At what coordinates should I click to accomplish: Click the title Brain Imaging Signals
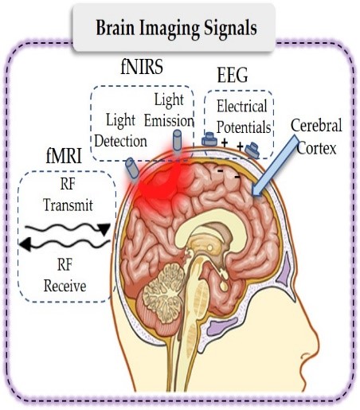[x=176, y=28]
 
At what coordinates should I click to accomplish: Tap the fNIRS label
[x=142, y=67]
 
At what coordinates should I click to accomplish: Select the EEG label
[x=233, y=76]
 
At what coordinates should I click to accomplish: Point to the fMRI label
[x=64, y=156]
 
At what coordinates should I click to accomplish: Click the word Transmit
[x=68, y=205]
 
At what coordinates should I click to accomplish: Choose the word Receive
[x=65, y=286]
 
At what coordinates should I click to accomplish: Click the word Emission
[x=169, y=121]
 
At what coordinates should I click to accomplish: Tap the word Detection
[x=121, y=141]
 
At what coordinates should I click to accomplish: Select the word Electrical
[x=242, y=106]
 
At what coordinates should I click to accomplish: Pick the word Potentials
[x=244, y=127]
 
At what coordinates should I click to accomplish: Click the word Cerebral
[x=316, y=125]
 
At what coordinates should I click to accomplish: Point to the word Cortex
[x=316, y=148]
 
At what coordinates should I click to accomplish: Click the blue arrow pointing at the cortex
[x=275, y=166]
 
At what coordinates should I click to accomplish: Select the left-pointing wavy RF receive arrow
[x=65, y=244]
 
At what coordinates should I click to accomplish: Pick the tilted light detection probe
[x=132, y=169]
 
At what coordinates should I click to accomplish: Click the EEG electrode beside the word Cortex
[x=252, y=150]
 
